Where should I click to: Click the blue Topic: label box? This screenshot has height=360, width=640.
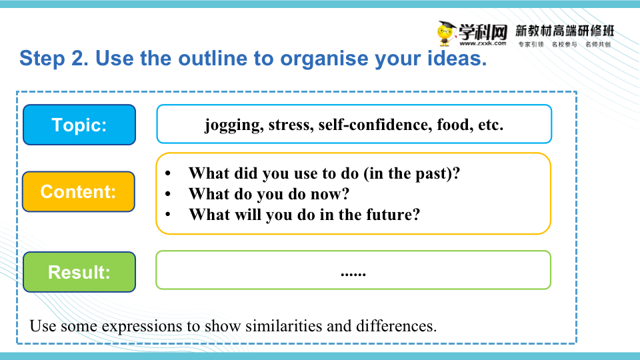[x=79, y=125]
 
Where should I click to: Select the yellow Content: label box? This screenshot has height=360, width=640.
[x=79, y=191]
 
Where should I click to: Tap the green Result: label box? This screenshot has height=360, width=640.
[x=79, y=272]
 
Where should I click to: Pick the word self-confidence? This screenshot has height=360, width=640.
[x=375, y=125]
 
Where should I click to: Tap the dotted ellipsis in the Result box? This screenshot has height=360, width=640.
[x=353, y=274]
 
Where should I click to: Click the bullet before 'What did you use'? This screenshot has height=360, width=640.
[x=168, y=173]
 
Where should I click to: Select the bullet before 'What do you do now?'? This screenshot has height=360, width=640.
[x=168, y=194]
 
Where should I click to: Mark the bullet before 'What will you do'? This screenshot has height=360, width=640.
[x=168, y=214]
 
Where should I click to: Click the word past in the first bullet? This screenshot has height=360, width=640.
[x=432, y=174]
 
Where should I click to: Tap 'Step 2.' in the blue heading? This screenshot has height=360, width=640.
[x=54, y=59]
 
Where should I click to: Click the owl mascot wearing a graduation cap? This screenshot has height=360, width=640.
[x=446, y=33]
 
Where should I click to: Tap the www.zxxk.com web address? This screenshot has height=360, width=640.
[x=483, y=43]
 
